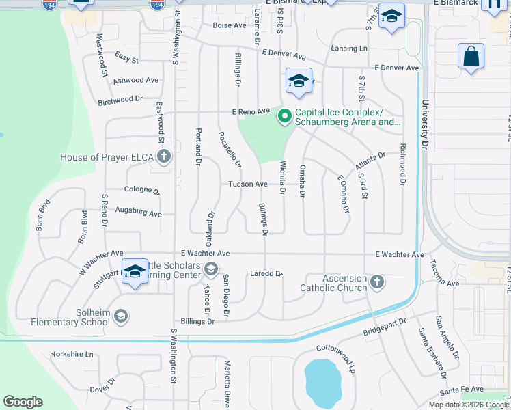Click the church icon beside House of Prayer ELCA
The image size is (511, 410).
[x=163, y=157]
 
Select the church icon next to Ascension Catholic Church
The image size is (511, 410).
[x=376, y=282]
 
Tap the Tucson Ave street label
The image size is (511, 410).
[x=247, y=184]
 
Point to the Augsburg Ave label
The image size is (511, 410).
[x=138, y=213]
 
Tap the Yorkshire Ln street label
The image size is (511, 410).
[x=72, y=355]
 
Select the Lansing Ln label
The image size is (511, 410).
[x=348, y=49]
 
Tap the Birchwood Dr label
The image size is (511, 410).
[x=120, y=100]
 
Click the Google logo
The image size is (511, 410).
[x=23, y=402]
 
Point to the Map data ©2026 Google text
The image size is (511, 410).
[x=468, y=405]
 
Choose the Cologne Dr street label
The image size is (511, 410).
[x=141, y=190]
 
